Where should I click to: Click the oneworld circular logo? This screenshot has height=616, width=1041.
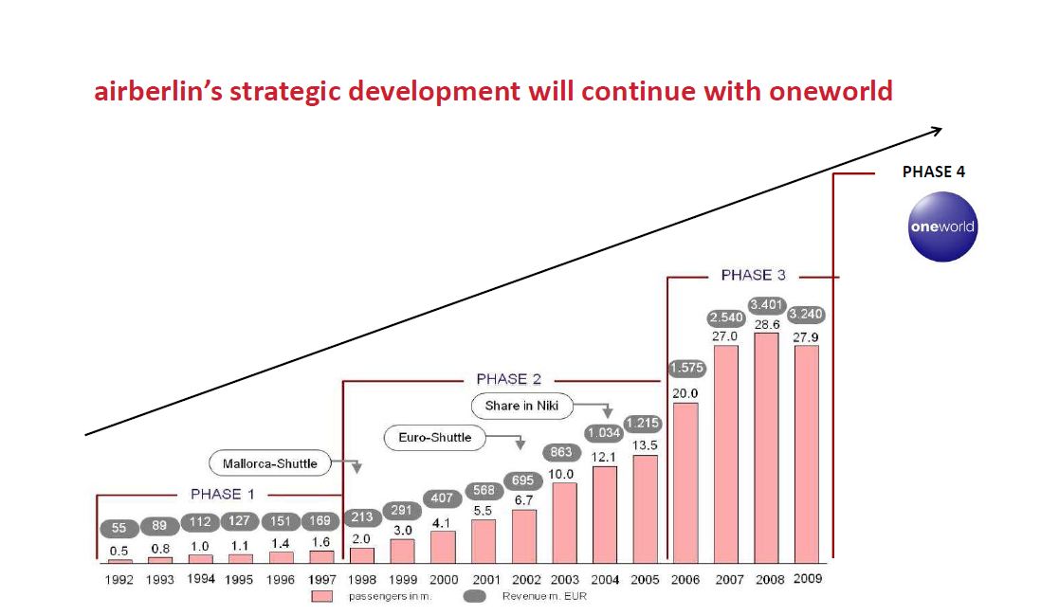click(x=941, y=226)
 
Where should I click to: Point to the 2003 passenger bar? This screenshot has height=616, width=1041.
click(x=564, y=521)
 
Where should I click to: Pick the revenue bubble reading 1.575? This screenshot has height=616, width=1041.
click(x=685, y=368)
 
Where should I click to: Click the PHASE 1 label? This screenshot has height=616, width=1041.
click(x=222, y=494)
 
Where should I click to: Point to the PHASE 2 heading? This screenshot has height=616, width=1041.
click(x=508, y=379)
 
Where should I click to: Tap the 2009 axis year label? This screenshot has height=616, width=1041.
click(x=808, y=579)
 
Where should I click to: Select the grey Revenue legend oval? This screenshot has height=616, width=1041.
click(x=474, y=596)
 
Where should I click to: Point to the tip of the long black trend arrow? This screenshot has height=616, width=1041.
click(x=941, y=129)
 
